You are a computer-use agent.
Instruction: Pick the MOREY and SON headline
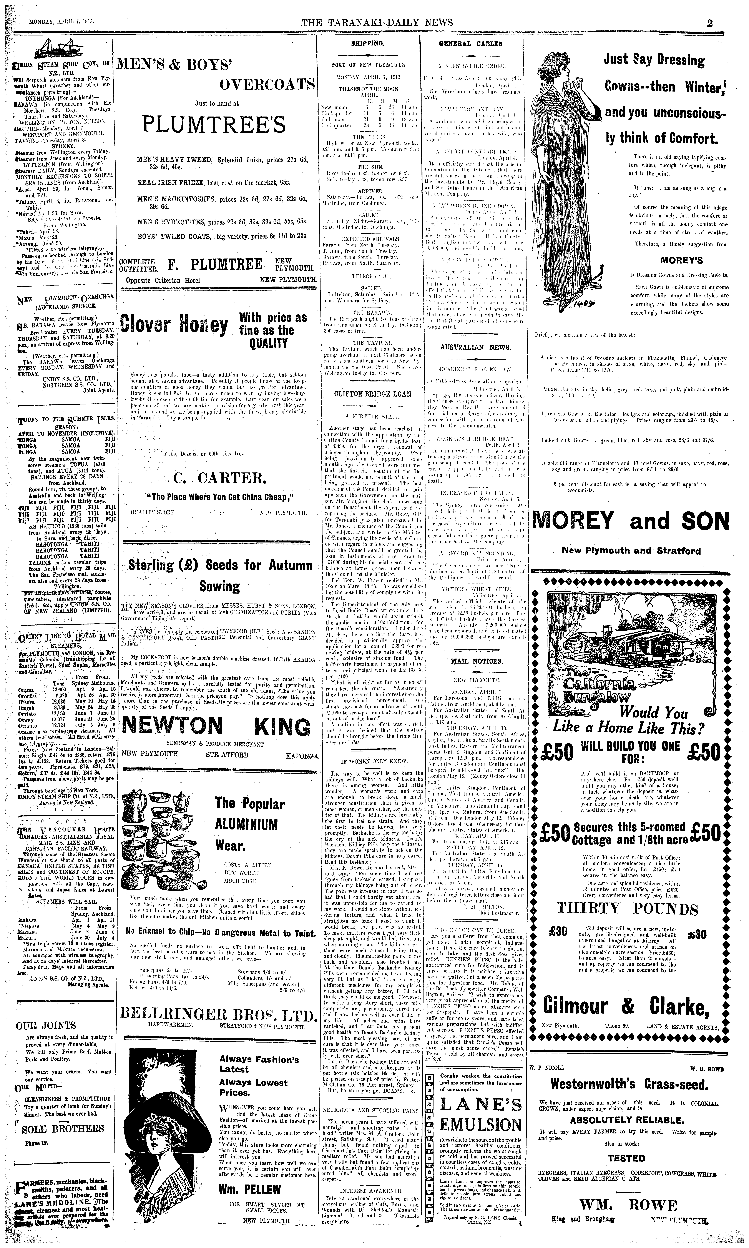click(631, 521)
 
